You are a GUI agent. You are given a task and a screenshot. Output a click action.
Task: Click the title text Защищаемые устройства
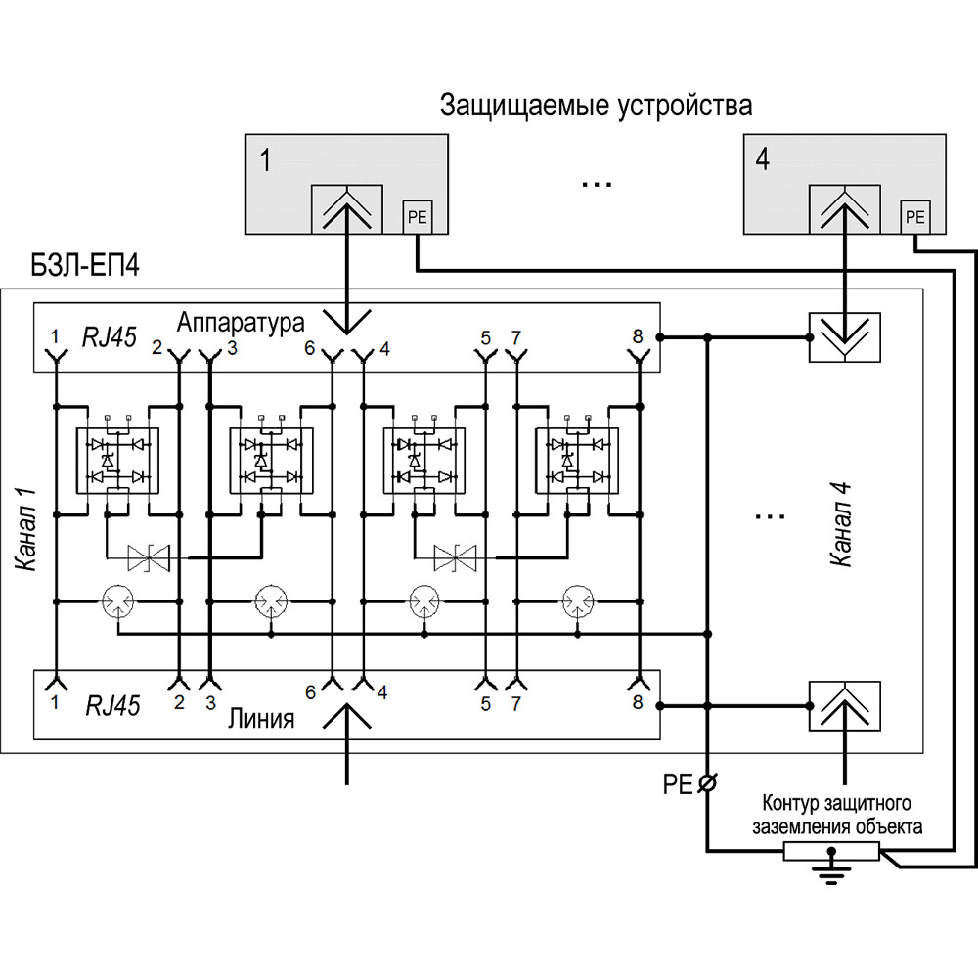coord(596,106)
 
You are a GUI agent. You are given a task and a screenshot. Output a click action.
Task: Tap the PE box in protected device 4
coord(915,216)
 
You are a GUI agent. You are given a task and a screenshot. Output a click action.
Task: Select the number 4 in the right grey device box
coord(762,159)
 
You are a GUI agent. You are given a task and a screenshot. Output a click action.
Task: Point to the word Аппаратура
coord(243,321)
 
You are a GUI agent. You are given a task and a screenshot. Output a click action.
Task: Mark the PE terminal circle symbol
coord(707,783)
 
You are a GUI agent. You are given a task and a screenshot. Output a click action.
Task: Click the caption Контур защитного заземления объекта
coord(836,815)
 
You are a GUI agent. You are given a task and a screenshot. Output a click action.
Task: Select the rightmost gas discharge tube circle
coord(578,600)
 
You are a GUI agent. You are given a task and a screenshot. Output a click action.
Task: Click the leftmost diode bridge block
coord(117,459)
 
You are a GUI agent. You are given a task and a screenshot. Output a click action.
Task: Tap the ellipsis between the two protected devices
coord(596,182)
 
